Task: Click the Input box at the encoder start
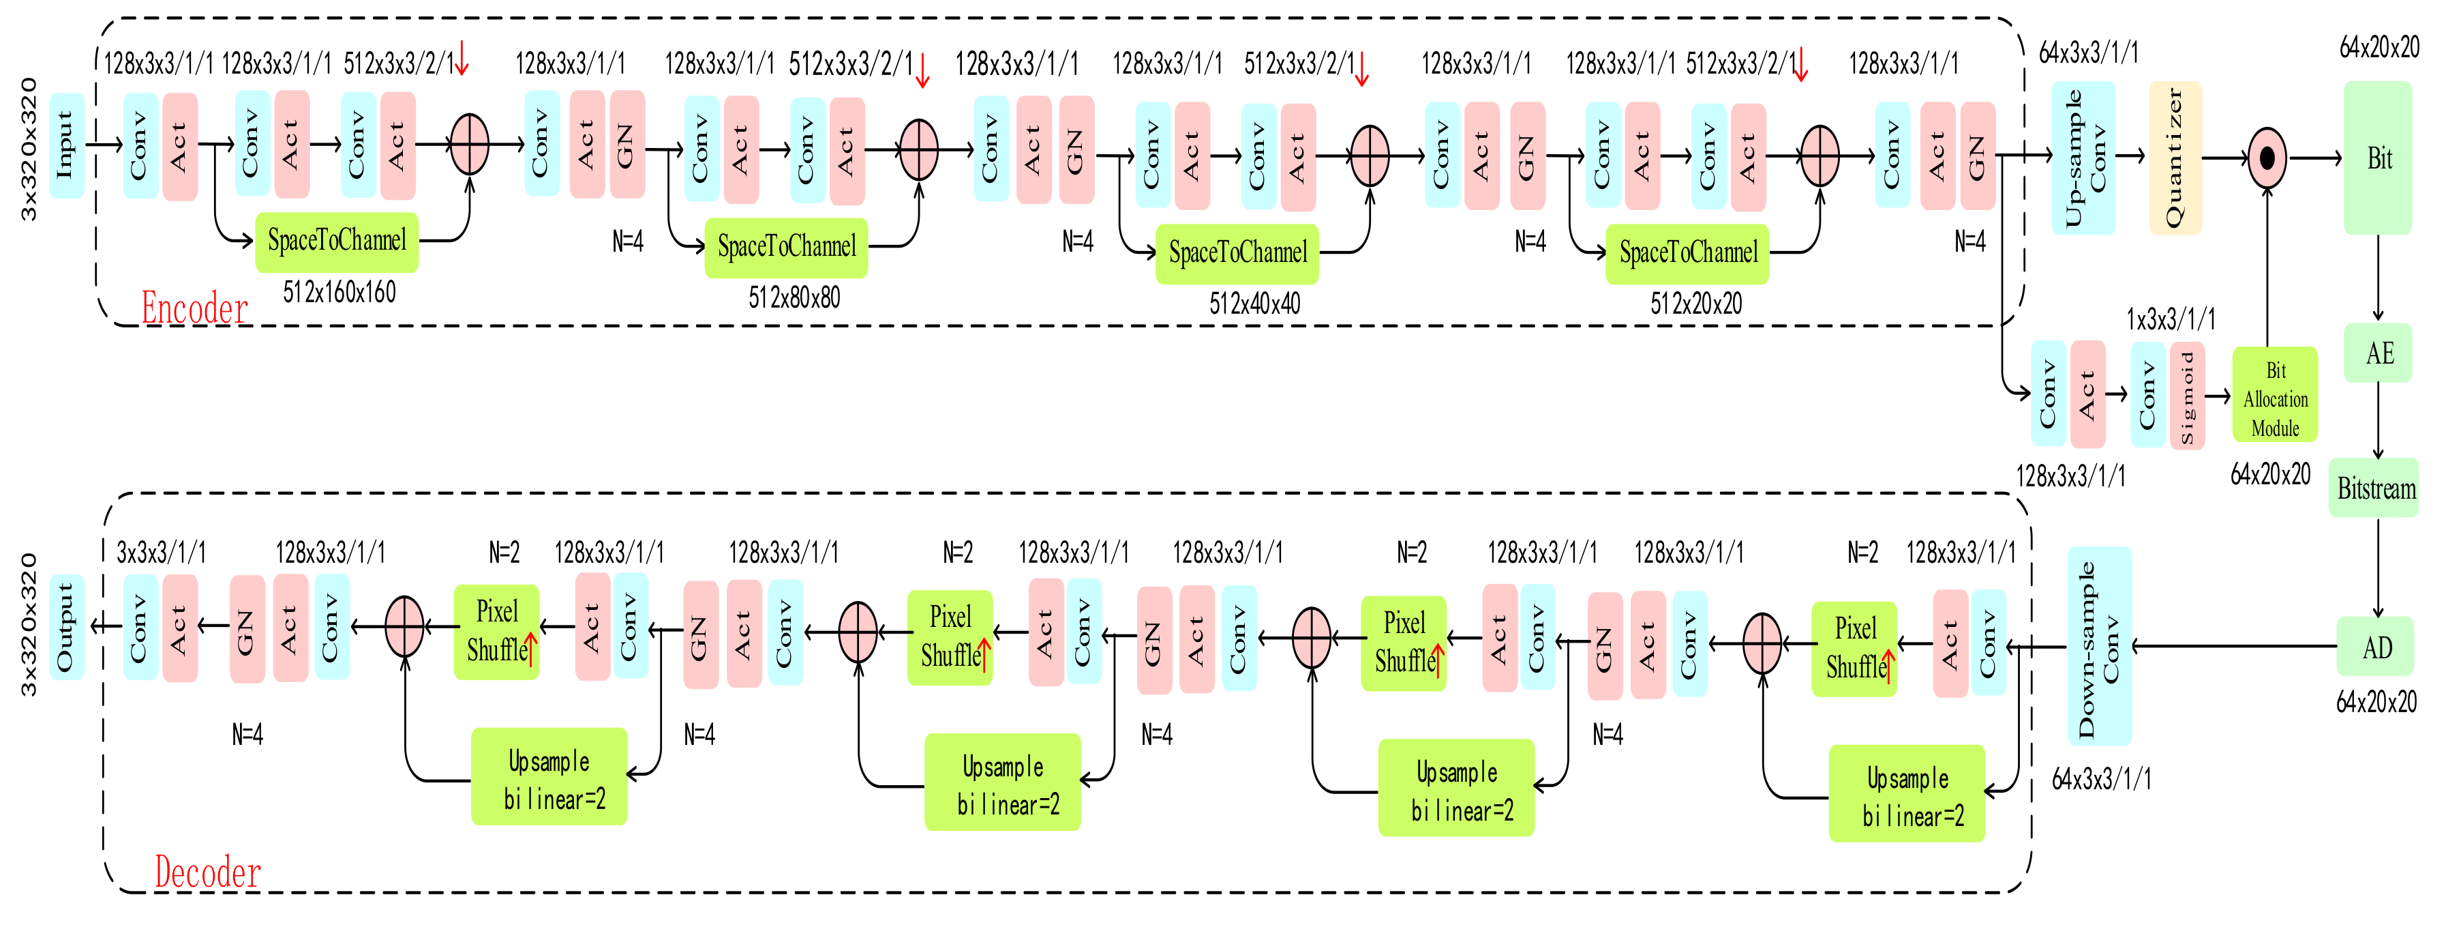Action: [65, 145]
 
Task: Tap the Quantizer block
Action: [2175, 158]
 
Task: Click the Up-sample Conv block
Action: [2083, 158]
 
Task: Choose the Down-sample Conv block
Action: [2098, 646]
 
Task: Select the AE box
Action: [2379, 353]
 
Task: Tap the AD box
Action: [2376, 647]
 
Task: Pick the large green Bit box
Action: [2378, 158]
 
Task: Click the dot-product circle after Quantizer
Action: [2267, 158]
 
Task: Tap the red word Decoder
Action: [207, 872]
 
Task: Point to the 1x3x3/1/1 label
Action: [2171, 319]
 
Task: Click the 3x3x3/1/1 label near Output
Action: [160, 552]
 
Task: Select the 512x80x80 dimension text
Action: [794, 298]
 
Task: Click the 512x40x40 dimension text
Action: [1254, 304]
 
